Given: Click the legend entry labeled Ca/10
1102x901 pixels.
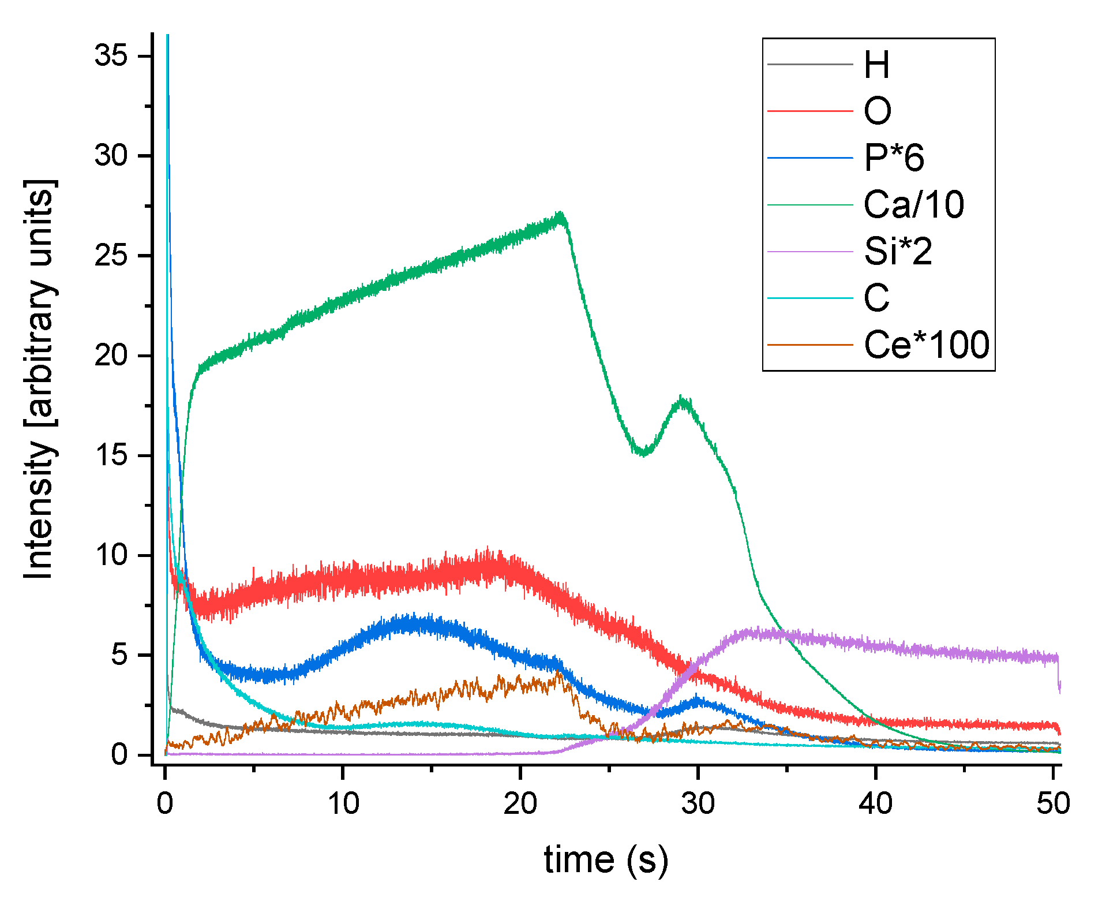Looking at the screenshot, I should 913,204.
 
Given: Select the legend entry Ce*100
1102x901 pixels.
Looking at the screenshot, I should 926,345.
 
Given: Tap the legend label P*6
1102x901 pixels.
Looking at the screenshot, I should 894,158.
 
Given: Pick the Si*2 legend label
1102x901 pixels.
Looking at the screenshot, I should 898,251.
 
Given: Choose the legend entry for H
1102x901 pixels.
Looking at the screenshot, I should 876,64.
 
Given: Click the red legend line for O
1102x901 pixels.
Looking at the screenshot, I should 809,111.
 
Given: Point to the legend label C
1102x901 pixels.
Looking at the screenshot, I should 876,298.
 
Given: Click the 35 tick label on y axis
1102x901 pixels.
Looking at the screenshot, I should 111,56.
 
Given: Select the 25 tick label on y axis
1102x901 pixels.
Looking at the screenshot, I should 111,256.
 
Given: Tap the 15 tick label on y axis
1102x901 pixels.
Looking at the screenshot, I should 111,455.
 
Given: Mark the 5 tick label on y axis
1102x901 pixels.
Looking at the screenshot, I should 119,655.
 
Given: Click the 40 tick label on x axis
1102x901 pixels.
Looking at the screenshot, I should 875,803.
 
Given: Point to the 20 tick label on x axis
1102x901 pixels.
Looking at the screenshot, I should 520,803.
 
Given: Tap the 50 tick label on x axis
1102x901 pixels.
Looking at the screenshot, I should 1053,803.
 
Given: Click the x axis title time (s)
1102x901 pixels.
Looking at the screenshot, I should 606,860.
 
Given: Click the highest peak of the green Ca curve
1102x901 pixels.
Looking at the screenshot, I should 560,215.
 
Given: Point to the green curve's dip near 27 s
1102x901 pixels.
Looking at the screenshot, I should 644,453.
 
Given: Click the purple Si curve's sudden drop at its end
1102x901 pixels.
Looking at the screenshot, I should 1059,672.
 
